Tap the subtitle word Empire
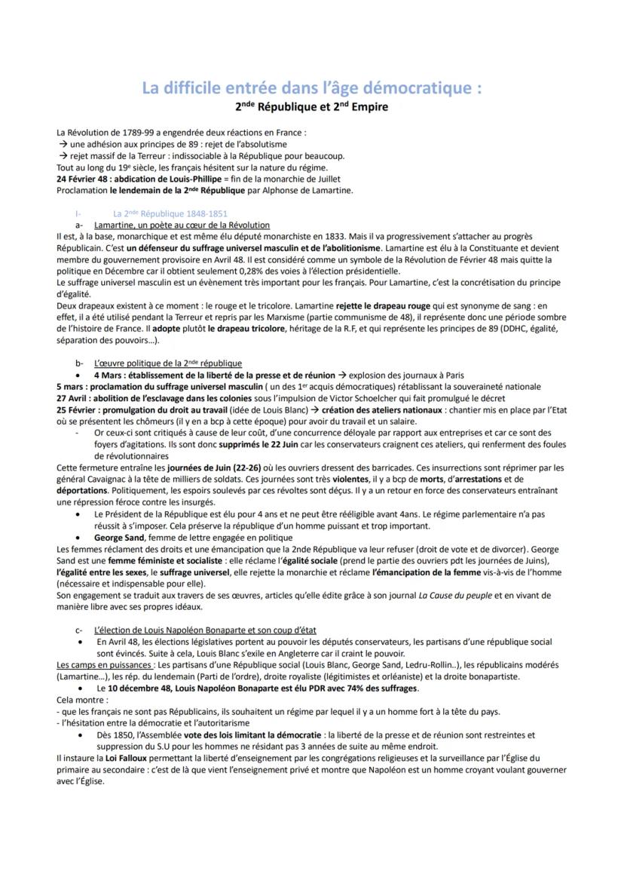click(366, 107)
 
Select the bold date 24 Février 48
click(83, 179)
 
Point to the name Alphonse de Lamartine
click(309, 190)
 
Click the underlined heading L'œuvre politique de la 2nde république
click(168, 363)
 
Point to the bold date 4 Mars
click(109, 375)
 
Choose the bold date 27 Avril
click(73, 397)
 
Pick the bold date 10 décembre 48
click(139, 688)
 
